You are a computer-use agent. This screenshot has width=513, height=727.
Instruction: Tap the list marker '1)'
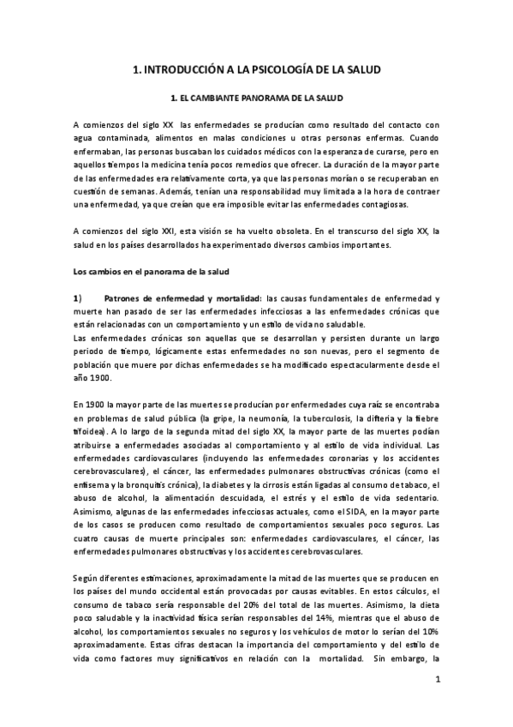pos(78,298)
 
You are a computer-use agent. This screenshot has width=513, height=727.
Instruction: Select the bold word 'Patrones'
pos(124,298)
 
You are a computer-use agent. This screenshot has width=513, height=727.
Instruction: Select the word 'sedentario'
pos(413,498)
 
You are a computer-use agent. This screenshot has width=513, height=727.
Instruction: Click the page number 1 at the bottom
pos(437,680)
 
